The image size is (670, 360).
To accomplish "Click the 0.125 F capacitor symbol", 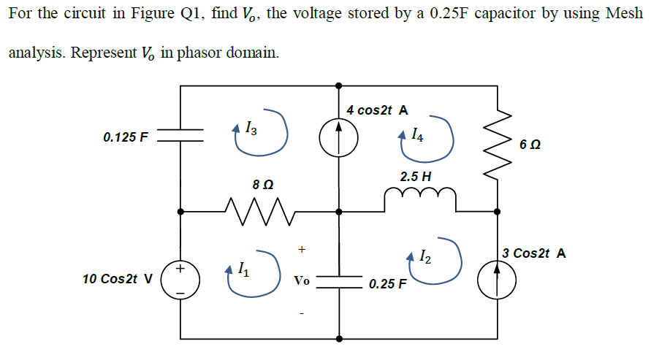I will click(x=180, y=136).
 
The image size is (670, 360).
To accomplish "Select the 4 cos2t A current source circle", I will click(x=338, y=137).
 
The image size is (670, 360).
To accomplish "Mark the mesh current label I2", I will click(x=425, y=256).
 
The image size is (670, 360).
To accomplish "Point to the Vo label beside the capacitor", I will click(x=301, y=280).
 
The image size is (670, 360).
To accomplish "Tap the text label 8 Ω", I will click(x=262, y=184).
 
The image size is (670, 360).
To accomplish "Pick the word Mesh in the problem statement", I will click(x=626, y=14).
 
